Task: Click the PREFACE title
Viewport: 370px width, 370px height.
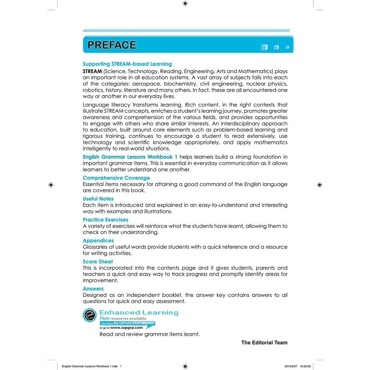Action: pyautogui.click(x=112, y=45)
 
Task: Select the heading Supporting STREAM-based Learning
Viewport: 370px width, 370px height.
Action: pyautogui.click(x=127, y=64)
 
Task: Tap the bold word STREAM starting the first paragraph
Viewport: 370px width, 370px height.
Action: pyautogui.click(x=92, y=71)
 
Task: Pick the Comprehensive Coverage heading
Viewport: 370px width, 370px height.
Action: pyautogui.click(x=116, y=178)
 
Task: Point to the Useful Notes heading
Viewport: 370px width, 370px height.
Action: pyautogui.click(x=98, y=199)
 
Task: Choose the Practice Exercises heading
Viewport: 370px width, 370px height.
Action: pyautogui.click(x=105, y=220)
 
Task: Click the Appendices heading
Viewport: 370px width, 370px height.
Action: pyautogui.click(x=98, y=241)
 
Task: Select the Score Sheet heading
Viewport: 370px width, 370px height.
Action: pyautogui.click(x=98, y=262)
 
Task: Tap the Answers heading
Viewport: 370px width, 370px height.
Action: pyautogui.click(x=93, y=289)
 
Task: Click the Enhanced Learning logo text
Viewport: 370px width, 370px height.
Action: pyautogui.click(x=139, y=313)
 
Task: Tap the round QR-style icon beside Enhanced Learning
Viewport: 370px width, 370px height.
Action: pyautogui.click(x=90, y=315)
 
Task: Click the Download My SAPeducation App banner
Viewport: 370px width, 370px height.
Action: pyautogui.click(x=128, y=323)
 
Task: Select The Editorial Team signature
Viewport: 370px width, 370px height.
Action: pyautogui.click(x=264, y=343)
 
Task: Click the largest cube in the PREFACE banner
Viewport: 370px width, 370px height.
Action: pyautogui.click(x=264, y=47)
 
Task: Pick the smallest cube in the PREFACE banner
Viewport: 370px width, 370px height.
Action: pyautogui.click(x=287, y=47)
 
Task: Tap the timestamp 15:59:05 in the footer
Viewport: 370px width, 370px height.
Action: pyautogui.click(x=304, y=366)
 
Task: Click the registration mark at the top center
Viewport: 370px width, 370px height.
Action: pyautogui.click(x=185, y=4)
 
